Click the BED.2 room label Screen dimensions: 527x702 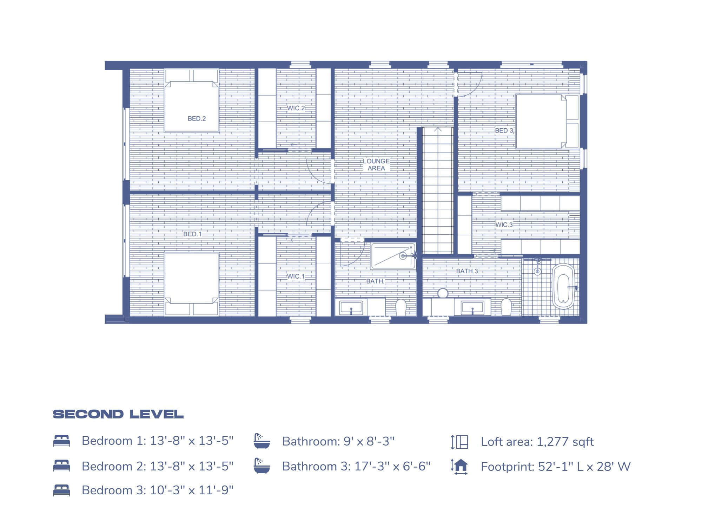(197, 119)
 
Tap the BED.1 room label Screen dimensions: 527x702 (192, 234)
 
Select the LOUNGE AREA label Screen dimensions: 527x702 (376, 164)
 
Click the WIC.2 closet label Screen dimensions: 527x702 (296, 108)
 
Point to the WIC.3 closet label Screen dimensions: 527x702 (504, 225)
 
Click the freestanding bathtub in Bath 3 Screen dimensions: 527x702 (563, 286)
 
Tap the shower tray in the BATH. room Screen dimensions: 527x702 (393, 256)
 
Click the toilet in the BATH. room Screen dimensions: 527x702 (400, 307)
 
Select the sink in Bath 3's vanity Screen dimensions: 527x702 (472, 308)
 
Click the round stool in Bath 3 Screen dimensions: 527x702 (443, 293)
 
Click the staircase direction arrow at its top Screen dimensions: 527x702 (438, 130)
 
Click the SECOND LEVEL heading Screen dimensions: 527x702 (118, 414)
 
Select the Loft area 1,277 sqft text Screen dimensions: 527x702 (537, 442)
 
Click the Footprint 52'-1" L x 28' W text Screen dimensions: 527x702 (555, 467)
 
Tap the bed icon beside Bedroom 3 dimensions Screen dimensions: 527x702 (62, 490)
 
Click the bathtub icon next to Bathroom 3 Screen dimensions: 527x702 (262, 466)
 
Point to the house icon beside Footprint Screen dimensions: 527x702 (459, 467)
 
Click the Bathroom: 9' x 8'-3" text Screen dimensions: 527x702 (338, 441)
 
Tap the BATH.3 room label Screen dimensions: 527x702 (467, 271)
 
